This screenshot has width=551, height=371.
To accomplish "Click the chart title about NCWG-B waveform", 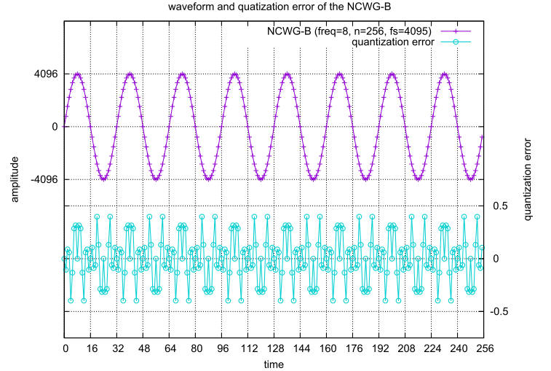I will click(x=274, y=8).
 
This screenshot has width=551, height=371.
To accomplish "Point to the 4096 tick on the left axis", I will click(x=45, y=74).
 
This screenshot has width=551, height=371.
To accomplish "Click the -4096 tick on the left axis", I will click(x=43, y=179).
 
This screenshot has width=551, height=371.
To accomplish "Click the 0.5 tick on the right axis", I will click(x=500, y=206).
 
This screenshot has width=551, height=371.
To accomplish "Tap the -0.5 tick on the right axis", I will click(x=502, y=311).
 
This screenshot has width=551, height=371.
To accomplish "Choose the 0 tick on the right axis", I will click(x=496, y=259).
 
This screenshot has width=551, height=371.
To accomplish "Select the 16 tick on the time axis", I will click(x=90, y=349).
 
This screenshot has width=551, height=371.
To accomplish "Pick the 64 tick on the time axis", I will click(x=170, y=349).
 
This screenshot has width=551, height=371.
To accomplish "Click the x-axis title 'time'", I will click(x=274, y=363).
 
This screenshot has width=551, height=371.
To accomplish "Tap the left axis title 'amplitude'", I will click(x=14, y=179).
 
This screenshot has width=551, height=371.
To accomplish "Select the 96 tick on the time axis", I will click(x=222, y=349).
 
